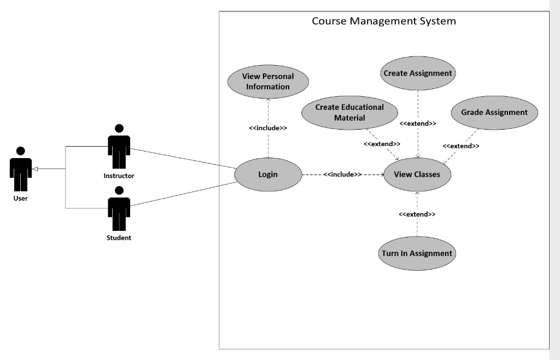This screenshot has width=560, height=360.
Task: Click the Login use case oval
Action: [x=268, y=175]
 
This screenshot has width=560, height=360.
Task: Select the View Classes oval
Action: [x=417, y=175]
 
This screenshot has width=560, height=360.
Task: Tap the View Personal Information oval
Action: [x=268, y=82]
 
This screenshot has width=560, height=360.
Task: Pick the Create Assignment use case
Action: [x=418, y=73]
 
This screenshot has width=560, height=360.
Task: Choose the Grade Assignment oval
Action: [x=494, y=113]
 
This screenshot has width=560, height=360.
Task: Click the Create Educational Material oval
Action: [x=349, y=112]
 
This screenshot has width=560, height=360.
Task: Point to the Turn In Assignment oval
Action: [x=417, y=253]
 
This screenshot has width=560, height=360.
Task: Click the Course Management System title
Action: [x=383, y=21]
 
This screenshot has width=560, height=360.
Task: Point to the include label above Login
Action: [x=268, y=128]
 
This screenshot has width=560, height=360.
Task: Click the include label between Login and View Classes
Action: [x=342, y=175]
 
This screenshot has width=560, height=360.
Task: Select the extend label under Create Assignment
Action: [x=418, y=124]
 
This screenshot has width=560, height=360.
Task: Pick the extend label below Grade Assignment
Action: [x=460, y=146]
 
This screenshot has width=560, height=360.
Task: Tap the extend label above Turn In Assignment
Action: [x=417, y=214]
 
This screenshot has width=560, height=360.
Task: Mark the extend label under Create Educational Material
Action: [x=382, y=144]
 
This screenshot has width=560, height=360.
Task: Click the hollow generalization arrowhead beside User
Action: [x=35, y=169]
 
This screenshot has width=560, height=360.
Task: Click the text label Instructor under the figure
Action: [x=119, y=176]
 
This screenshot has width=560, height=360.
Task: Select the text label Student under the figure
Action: [x=119, y=238]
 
